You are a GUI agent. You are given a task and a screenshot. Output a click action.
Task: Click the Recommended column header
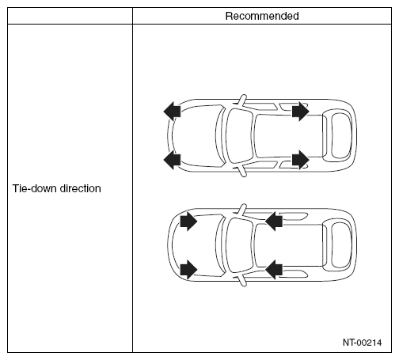pyautogui.click(x=262, y=16)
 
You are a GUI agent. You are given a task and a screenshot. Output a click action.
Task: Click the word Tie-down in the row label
pyautogui.click(x=35, y=188)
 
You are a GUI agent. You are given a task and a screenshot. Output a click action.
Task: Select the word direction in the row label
pyautogui.click(x=80, y=188)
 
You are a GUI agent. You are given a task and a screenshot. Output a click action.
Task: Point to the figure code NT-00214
pyautogui.click(x=362, y=343)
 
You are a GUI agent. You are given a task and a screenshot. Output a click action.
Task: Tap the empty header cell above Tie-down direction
pyautogui.click(x=70, y=16)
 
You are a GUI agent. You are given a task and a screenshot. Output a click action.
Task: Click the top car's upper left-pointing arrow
pyautogui.click(x=172, y=112)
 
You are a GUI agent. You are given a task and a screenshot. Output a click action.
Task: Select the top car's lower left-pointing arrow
pyautogui.click(x=172, y=160)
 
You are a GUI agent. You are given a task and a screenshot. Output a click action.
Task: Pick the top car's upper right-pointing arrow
pyautogui.click(x=301, y=112)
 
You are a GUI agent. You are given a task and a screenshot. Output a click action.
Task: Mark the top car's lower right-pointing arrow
pyautogui.click(x=301, y=160)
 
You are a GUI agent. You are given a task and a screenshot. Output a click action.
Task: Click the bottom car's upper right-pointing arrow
pyautogui.click(x=188, y=222)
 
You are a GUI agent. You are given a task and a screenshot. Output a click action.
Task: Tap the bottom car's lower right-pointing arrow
pyautogui.click(x=188, y=270)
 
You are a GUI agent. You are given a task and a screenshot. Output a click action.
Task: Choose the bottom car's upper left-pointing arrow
pyautogui.click(x=274, y=222)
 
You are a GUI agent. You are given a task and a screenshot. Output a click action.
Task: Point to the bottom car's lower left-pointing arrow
pyautogui.click(x=274, y=270)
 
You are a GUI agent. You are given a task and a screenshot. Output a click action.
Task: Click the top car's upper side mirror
pyautogui.click(x=242, y=100)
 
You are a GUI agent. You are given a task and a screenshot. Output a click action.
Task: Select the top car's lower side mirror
pyautogui.click(x=242, y=171)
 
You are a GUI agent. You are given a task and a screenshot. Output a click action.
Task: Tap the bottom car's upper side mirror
pyautogui.click(x=242, y=210)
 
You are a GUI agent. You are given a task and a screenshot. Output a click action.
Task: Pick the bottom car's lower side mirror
pyautogui.click(x=242, y=280)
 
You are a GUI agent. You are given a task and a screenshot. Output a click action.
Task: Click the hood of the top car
pyautogui.click(x=196, y=136)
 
